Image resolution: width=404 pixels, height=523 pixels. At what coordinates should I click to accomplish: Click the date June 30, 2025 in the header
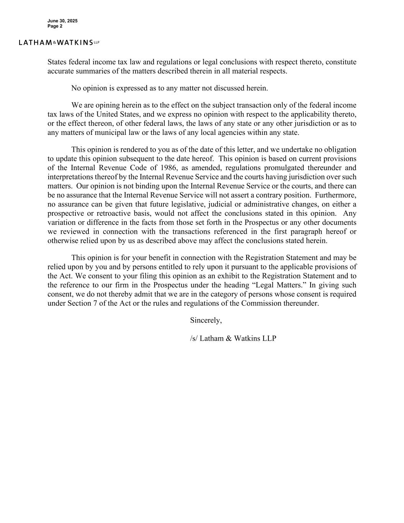coord(62,21)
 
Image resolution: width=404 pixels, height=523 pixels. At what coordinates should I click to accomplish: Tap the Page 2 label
coord(55,26)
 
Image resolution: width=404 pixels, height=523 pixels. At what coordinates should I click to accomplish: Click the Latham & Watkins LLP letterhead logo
coord(59,43)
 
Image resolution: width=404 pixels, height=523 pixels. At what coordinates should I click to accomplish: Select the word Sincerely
coord(206,320)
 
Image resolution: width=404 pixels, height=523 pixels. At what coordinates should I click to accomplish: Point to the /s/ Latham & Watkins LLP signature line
coord(233,338)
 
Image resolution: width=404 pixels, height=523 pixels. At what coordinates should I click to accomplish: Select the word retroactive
coord(119,213)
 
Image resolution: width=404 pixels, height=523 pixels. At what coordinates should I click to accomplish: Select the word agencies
coord(240,133)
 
